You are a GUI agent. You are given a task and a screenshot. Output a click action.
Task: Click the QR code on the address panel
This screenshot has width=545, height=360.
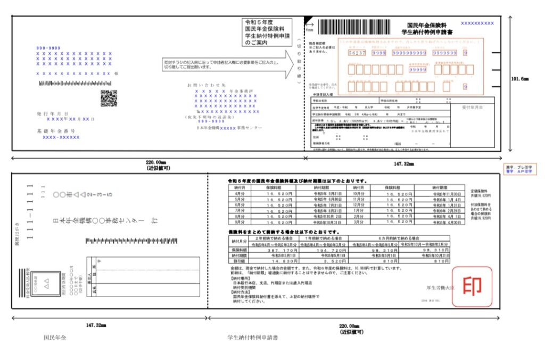pyautogui.click(x=109, y=98)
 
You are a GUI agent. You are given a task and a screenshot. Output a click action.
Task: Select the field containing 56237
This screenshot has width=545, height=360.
pyautogui.click(x=356, y=53)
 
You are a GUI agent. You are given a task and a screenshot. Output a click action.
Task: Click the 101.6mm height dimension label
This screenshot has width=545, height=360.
pyautogui.click(x=520, y=79)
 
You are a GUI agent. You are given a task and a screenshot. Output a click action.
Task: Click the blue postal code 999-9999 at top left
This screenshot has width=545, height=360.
pyautogui.click(x=48, y=48)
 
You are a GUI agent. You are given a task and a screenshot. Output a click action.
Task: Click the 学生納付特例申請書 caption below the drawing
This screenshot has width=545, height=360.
pyautogui.click(x=252, y=337)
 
